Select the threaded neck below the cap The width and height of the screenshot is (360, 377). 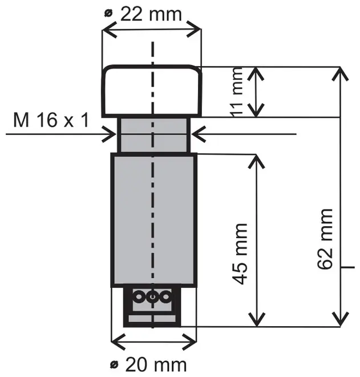pyautogui.click(x=152, y=135)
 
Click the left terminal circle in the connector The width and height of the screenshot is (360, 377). pyautogui.click(x=139, y=296)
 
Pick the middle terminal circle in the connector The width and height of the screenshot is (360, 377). pyautogui.click(x=152, y=296)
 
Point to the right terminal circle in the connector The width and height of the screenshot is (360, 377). pyautogui.click(x=165, y=296)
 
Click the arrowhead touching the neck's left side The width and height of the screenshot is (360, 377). pyautogui.click(x=111, y=135)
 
